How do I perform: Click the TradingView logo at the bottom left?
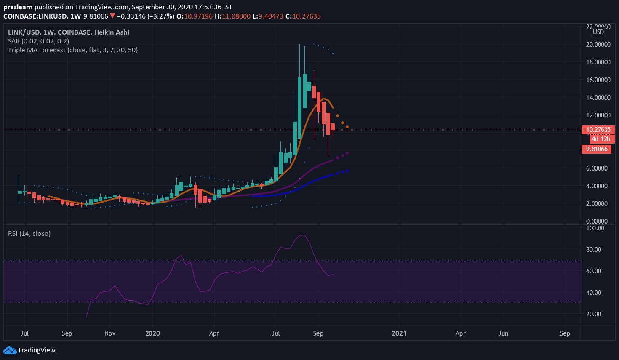coord(29,350)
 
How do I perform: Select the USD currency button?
coord(598,32)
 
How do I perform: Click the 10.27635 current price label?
coord(598,130)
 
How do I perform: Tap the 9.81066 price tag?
coord(596,149)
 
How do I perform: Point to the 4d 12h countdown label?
coord(600,139)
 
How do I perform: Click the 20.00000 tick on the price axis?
coord(598,45)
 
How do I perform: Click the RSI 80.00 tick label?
coord(593,249)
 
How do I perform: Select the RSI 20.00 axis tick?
coord(593,314)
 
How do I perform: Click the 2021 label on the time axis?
coord(399,333)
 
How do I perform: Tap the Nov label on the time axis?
coord(109,333)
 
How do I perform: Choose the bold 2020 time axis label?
coord(152,333)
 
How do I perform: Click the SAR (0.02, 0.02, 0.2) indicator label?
coord(38,41)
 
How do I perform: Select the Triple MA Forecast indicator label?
coord(72,50)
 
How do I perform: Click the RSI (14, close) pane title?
coord(29,233)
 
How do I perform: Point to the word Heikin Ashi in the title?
coord(112,32)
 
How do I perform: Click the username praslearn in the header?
coord(18,7)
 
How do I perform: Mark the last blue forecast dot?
coord(347,171)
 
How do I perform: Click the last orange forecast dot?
coord(347,127)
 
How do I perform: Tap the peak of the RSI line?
coord(302,235)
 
